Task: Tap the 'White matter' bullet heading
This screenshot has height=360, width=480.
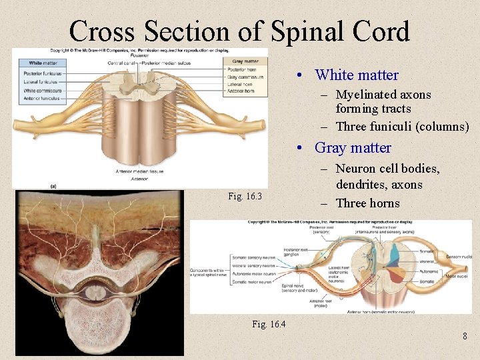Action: tap(357, 75)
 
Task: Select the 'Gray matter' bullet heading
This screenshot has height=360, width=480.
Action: tap(353, 148)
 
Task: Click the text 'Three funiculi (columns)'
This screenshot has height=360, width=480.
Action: tap(402, 127)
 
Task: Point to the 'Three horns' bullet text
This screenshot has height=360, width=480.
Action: tap(368, 203)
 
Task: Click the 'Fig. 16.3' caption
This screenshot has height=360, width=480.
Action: tap(245, 196)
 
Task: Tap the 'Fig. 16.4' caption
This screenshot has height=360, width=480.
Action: tap(269, 324)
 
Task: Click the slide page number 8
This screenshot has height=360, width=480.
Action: tap(465, 336)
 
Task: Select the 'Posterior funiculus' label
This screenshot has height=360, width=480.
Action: tap(43, 73)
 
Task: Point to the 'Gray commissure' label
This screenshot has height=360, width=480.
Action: tap(244, 77)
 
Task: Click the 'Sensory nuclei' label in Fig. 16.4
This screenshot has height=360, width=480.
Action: tap(459, 256)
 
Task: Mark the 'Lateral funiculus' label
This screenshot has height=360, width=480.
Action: tap(40, 81)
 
